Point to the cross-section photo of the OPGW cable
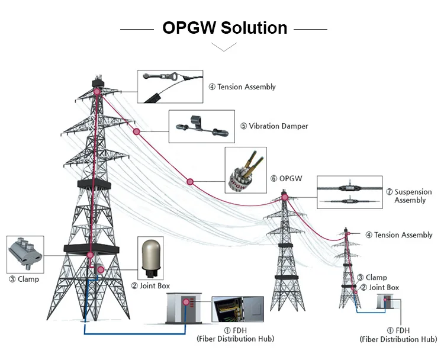coord(243,170)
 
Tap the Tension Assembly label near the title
coord(246,87)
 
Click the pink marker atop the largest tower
coord(96,92)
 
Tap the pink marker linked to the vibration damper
coord(136,131)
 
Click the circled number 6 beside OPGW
coord(274,178)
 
